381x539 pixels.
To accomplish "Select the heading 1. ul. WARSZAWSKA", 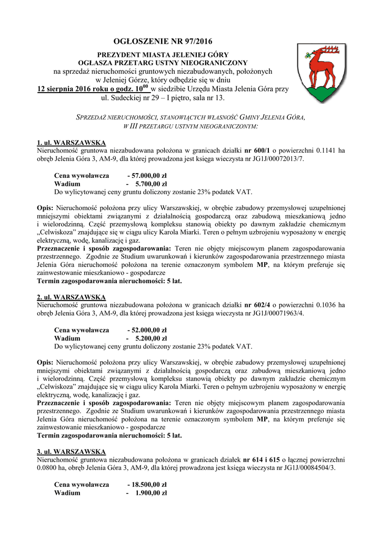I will pos(71,143).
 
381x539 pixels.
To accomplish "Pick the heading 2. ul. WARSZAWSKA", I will pos(71,297).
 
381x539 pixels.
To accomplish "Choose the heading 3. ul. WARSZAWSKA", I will pos(71,452).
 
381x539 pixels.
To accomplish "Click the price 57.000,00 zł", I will pos(149,175).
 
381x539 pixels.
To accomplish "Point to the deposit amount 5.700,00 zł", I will pos(151,184).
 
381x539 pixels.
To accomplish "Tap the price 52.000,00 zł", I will pos(149,330).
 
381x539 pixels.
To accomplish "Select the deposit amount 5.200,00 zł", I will pos(151,338).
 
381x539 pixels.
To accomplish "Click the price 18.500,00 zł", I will pos(149,484).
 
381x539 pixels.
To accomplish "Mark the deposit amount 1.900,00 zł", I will pos(151,493).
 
